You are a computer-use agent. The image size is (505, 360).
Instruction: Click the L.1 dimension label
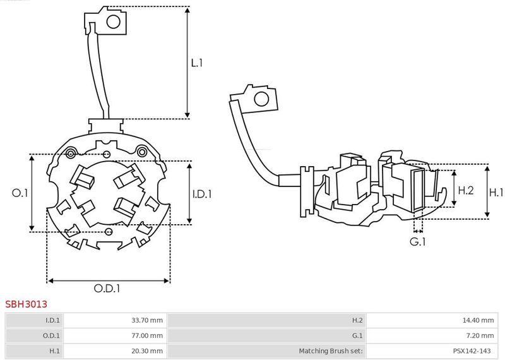[x=196, y=63]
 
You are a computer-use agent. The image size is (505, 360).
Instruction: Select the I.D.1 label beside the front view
[x=202, y=193]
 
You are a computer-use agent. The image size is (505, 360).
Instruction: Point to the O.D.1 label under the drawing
[x=107, y=288]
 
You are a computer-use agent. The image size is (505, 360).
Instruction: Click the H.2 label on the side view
[x=466, y=189]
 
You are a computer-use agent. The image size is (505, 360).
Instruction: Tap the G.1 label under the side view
[x=418, y=241]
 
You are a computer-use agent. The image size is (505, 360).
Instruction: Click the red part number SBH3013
[x=27, y=304]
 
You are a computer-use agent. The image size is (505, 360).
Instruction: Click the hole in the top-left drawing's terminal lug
[x=114, y=23]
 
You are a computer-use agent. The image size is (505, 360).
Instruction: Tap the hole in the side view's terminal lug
[x=260, y=100]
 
